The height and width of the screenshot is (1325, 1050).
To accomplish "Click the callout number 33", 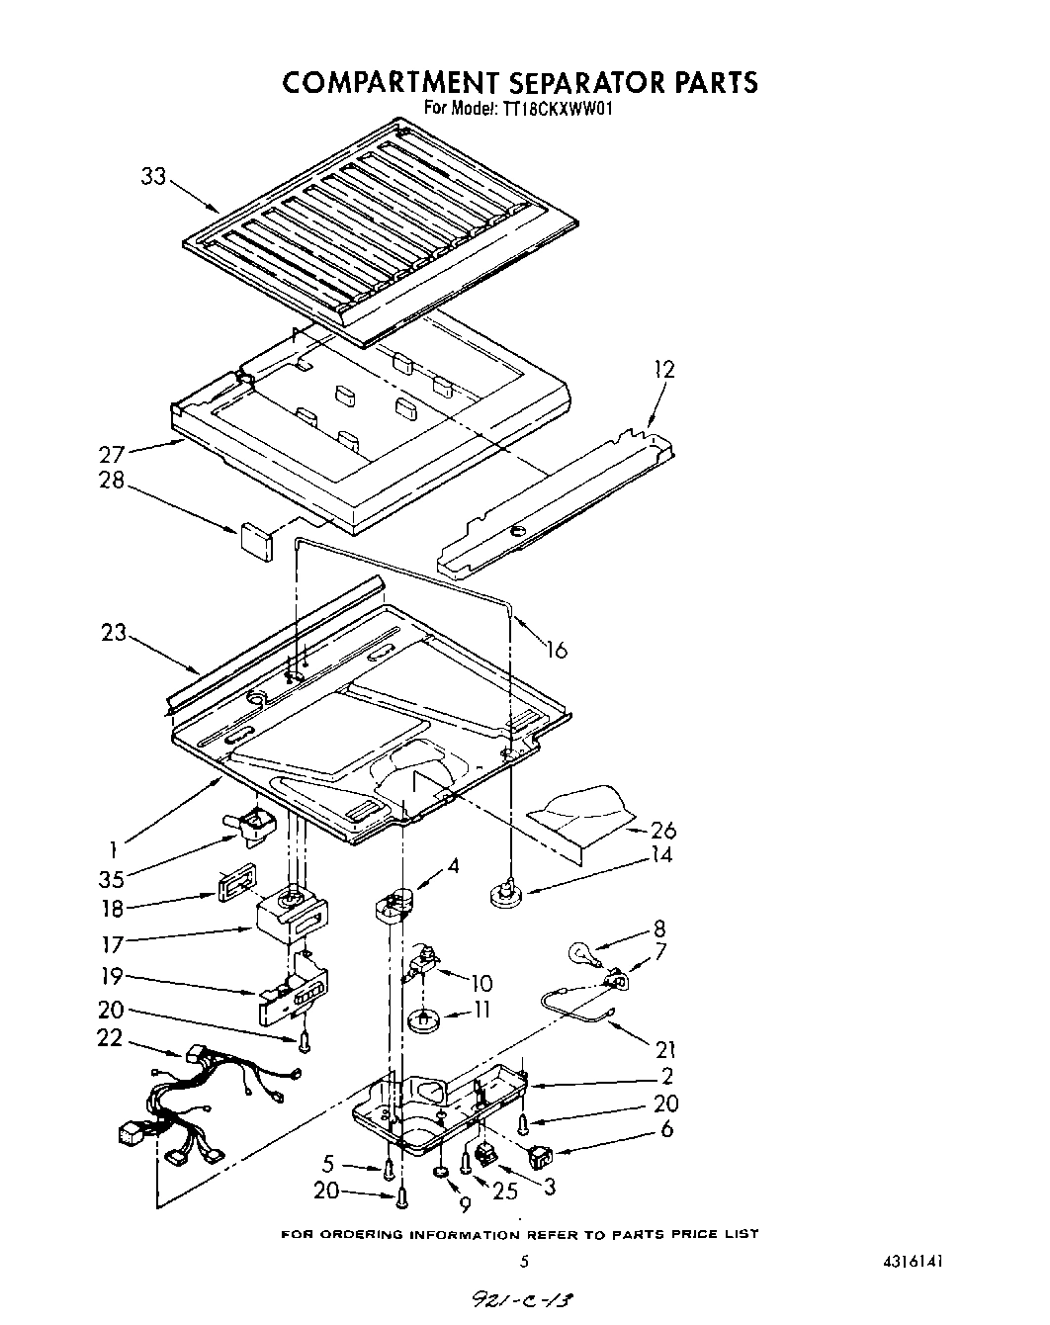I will (x=154, y=178).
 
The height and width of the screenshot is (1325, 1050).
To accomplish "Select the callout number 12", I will (x=663, y=369).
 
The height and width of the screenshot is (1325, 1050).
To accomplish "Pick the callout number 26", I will (x=662, y=830).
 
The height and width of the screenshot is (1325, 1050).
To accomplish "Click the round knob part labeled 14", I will (x=505, y=894).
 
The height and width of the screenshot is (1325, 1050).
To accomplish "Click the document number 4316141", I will (x=920, y=1261).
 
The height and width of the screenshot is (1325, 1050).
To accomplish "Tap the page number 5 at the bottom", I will (x=525, y=1261).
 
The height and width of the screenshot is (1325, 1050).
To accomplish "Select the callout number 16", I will (x=557, y=650).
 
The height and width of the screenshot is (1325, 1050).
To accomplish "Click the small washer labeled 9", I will (x=440, y=1174).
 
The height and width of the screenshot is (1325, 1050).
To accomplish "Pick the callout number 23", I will (x=114, y=631).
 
